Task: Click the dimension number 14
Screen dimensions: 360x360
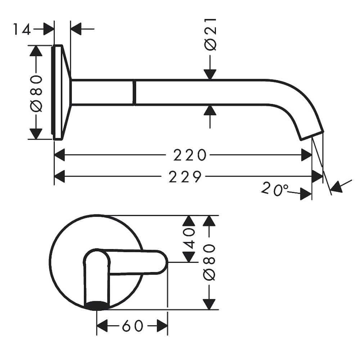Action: click(x=22, y=29)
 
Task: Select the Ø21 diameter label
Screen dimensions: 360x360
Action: click(x=210, y=34)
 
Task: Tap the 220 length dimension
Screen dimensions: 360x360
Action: click(x=190, y=155)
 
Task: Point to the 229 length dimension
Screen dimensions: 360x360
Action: click(x=185, y=176)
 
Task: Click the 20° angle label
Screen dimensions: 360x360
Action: click(x=275, y=189)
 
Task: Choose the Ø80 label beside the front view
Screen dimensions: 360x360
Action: click(x=209, y=262)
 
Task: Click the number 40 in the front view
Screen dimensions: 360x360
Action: click(x=189, y=239)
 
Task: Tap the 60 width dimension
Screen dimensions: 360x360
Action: click(x=133, y=325)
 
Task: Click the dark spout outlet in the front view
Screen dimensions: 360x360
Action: click(x=96, y=305)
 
